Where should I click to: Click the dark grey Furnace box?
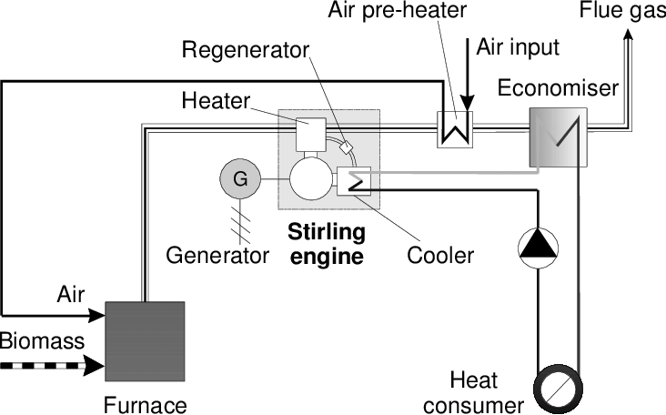[x=146, y=341]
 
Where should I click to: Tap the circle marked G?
[x=240, y=179]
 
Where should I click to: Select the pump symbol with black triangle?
[x=537, y=246]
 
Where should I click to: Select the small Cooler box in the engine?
[x=350, y=181]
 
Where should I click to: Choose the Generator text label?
[x=217, y=255]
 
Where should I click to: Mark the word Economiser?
[x=558, y=88]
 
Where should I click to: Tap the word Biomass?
[x=42, y=342]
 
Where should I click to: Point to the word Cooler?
[x=440, y=255]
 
